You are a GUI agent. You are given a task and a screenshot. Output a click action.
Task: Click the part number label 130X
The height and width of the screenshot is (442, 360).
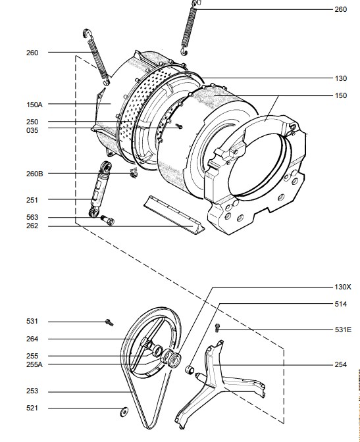point(343,287)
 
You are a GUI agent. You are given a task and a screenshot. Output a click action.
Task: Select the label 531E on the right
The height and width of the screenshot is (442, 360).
point(343,330)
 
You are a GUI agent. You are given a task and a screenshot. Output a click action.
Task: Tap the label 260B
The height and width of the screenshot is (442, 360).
point(35,174)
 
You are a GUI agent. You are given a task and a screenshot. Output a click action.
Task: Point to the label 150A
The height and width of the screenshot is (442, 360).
point(34,105)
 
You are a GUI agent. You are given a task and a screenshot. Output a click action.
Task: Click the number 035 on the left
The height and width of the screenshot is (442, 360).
point(32,130)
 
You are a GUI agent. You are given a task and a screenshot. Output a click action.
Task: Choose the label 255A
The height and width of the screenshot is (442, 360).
point(34,364)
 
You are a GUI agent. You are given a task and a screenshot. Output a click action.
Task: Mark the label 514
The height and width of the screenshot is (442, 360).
point(340,304)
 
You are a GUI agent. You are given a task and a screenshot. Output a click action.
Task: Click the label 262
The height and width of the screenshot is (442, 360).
point(32,226)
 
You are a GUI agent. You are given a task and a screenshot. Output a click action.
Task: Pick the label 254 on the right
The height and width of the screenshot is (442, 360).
point(340,364)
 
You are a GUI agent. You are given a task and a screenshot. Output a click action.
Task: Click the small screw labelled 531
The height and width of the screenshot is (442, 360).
point(109,322)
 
